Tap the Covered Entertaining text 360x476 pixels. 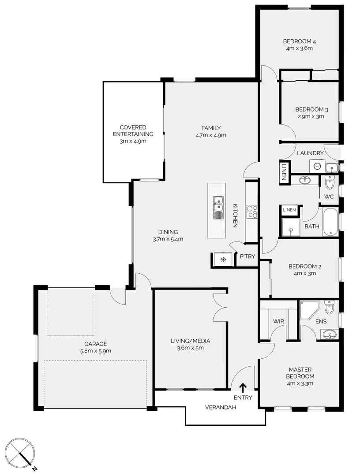coord(133,130)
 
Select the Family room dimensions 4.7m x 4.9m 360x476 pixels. coord(211,135)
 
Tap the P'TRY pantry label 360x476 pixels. coord(247,257)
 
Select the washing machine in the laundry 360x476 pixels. coord(317,166)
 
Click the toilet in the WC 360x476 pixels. coord(329,182)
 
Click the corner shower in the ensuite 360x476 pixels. coord(309,310)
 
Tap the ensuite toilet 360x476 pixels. coord(329,307)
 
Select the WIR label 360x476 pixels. coord(278,321)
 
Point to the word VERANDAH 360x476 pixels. coord(221,407)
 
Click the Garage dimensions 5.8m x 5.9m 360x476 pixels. coord(95,351)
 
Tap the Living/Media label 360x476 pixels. coord(190,341)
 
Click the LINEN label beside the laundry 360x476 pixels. coord(284,172)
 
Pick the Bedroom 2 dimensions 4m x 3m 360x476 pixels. coord(304,273)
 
